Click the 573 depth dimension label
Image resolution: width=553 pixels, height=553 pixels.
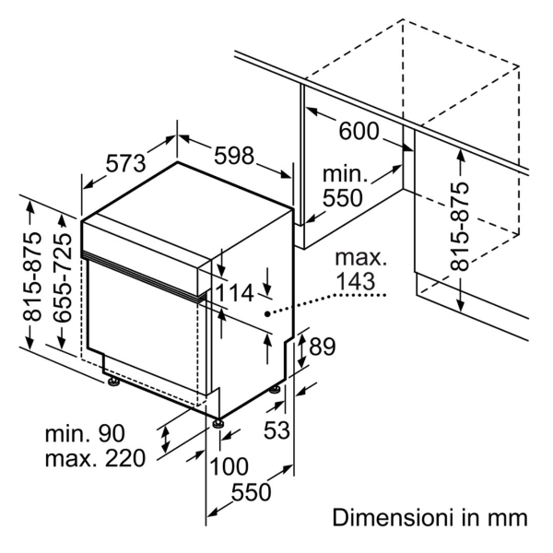coord(126,164)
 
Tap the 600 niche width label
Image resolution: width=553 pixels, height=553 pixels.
coord(359,133)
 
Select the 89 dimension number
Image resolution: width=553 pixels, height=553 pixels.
coord(321,347)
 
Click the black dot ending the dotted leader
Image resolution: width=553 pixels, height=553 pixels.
coord(267,314)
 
